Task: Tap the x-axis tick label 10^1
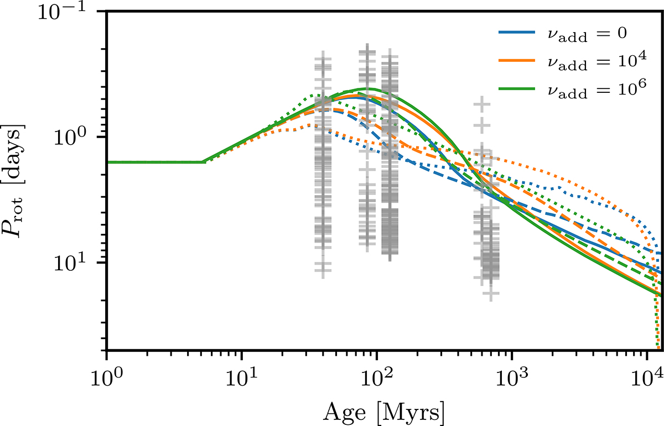point(242,383)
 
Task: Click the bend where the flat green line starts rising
point(203,162)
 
